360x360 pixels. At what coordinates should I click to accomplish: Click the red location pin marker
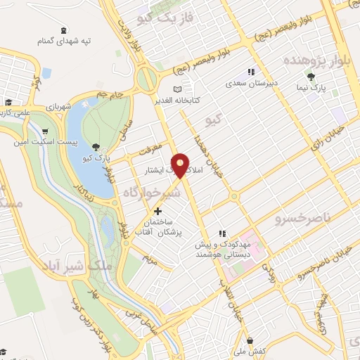[181, 165]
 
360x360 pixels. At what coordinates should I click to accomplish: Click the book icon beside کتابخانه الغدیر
[178, 89]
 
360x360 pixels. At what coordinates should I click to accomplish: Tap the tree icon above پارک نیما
[311, 77]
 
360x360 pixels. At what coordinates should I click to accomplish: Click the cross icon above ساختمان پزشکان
[157, 210]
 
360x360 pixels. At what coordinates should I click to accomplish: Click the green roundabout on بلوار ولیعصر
[147, 79]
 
